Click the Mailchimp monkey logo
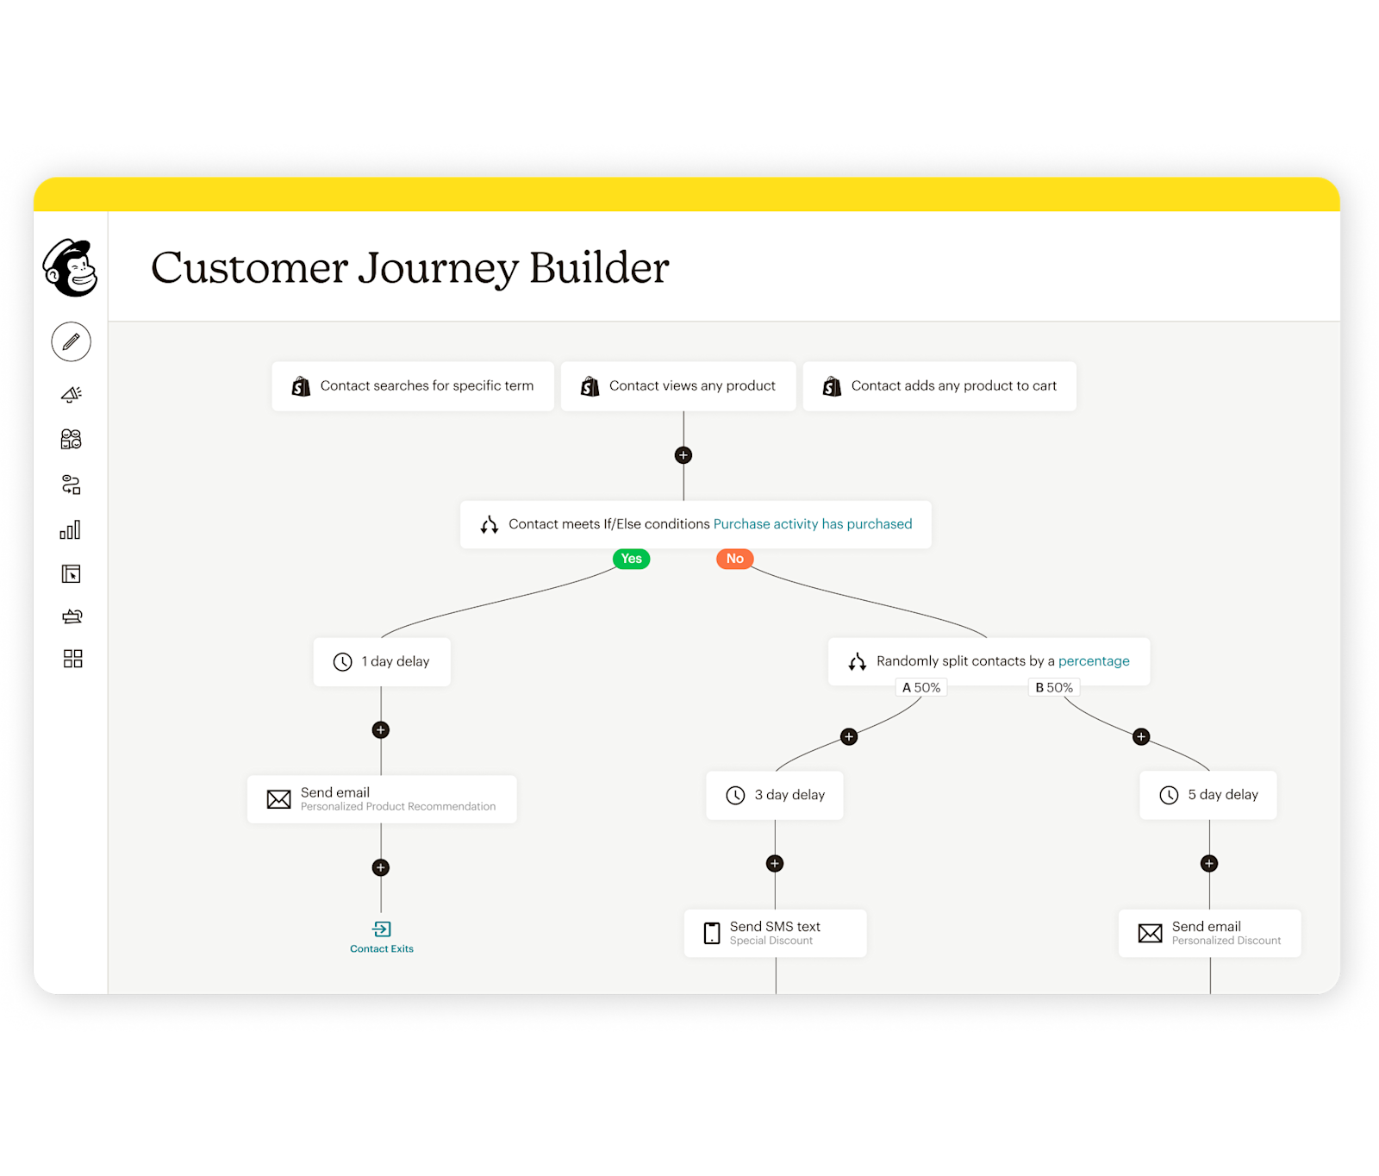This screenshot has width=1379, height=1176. tap(71, 268)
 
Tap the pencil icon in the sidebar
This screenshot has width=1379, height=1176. tap(71, 342)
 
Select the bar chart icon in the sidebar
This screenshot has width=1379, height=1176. tap(71, 530)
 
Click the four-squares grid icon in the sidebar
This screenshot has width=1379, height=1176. tap(72, 659)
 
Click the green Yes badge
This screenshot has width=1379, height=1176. tap(631, 559)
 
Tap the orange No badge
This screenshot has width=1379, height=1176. tap(734, 559)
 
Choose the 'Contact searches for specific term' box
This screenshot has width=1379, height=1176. tap(413, 386)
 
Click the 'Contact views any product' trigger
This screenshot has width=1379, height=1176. tap(678, 386)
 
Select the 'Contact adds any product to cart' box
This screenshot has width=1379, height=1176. tap(939, 386)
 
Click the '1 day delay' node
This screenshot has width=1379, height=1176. tap(382, 662)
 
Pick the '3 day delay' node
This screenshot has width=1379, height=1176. tap(775, 795)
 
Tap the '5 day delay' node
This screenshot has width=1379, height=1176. tap(1208, 795)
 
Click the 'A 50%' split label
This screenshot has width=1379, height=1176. tap(921, 687)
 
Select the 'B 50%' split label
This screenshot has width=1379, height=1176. tap(1054, 687)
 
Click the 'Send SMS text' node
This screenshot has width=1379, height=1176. tap(775, 933)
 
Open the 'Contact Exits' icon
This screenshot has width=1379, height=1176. tap(382, 929)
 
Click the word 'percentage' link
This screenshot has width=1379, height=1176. tap(1094, 661)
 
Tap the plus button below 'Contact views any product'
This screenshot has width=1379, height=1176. tap(683, 455)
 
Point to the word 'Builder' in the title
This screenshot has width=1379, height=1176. tap(599, 268)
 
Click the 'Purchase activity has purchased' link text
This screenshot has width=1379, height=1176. tap(812, 524)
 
